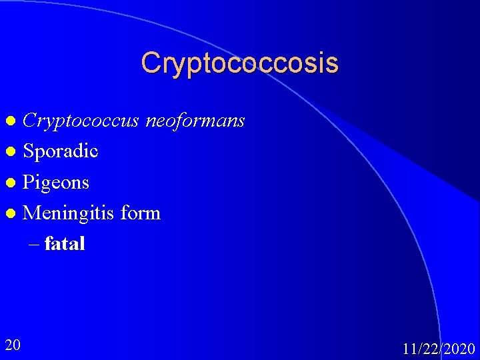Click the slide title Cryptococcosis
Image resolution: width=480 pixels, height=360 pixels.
coord(239,63)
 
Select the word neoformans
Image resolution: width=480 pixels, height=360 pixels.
coord(195,121)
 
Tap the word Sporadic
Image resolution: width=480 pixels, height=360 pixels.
coord(61,151)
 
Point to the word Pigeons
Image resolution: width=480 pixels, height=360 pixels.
coord(56,183)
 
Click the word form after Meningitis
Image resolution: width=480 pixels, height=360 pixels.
coord(141,213)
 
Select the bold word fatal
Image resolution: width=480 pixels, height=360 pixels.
coord(65,244)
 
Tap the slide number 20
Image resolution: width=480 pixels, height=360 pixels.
coord(12,345)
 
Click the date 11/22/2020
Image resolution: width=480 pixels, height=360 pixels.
coord(439,349)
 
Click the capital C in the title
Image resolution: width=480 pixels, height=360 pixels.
coord(150,63)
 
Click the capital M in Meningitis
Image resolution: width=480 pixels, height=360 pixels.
coord(31,213)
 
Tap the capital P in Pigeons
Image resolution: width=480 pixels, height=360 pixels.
coord(29,182)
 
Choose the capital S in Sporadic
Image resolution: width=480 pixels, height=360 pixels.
coord(28,151)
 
